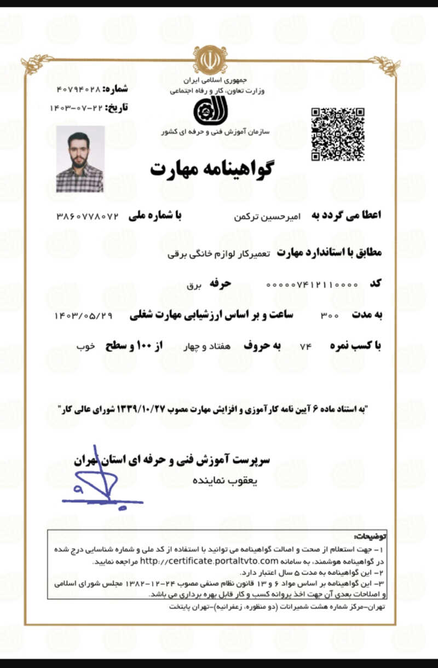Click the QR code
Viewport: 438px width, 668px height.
click(338, 134)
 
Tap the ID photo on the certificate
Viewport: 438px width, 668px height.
click(80, 159)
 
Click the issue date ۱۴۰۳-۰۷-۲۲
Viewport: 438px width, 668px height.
click(76, 107)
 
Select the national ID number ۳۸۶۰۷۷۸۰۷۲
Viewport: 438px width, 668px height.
click(88, 216)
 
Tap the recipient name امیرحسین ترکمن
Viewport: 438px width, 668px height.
click(262, 217)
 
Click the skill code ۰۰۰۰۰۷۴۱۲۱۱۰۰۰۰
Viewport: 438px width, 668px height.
click(312, 284)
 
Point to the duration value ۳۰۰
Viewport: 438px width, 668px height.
click(330, 316)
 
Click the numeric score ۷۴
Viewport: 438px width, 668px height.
click(306, 347)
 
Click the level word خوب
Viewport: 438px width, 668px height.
click(86, 347)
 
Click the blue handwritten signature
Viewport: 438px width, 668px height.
click(101, 481)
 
